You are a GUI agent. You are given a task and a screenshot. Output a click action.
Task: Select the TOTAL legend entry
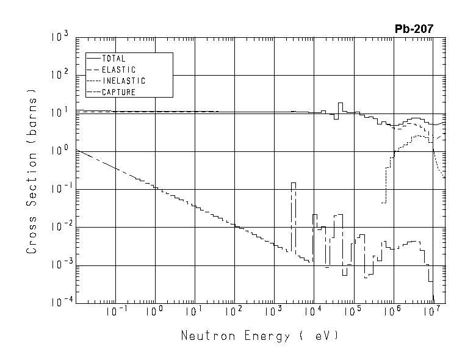pyautogui.click(x=114, y=59)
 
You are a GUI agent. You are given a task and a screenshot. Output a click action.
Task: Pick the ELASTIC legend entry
pyautogui.click(x=118, y=70)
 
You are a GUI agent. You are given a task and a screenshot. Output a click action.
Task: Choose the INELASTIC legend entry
pyautogui.click(x=123, y=81)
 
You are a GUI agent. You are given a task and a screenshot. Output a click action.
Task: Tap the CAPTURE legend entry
pyautogui.click(x=118, y=92)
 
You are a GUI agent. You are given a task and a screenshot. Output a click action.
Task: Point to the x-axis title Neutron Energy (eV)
pyautogui.click(x=259, y=336)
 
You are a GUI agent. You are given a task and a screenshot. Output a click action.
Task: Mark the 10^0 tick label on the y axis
pyautogui.click(x=62, y=151)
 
